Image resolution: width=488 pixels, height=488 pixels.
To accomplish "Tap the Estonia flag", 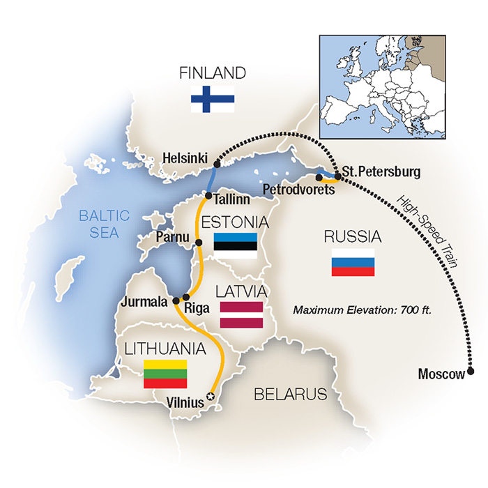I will tap(235, 246).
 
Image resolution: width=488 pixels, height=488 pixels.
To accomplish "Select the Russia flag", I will tap(353, 262).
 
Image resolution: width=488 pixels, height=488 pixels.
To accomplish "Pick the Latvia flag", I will tap(241, 315).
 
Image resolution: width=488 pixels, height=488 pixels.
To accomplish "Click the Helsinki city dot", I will tap(217, 164).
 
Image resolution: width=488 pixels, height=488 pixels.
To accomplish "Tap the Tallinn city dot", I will tap(208, 196).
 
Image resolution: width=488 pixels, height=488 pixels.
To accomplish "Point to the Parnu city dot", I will tap(199, 243).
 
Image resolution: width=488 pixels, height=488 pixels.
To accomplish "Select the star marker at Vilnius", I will tap(212, 397).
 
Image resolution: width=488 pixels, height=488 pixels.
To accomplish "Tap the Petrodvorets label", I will tap(292, 189).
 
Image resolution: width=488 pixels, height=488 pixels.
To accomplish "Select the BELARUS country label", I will tap(290, 395).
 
